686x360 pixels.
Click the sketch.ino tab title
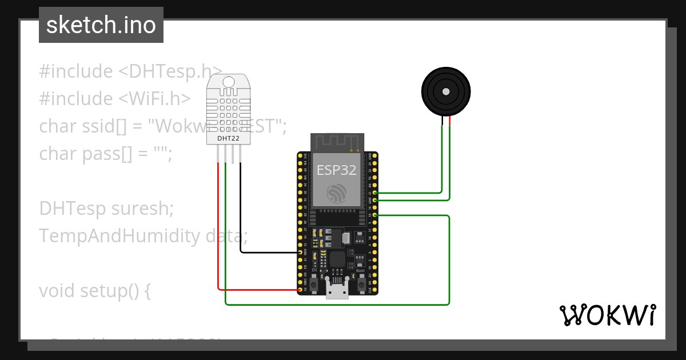pos(101,25)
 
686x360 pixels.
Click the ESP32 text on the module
pos(337,170)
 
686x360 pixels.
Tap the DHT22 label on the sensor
pos(228,138)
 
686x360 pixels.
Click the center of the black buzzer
pos(445,91)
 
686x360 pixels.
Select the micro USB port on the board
pos(337,291)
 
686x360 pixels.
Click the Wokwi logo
pos(607,315)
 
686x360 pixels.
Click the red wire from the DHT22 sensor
pos(218,229)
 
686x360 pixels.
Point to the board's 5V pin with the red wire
pos(300,290)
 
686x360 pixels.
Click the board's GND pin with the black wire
pos(300,252)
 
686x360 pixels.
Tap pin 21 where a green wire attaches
pos(374,193)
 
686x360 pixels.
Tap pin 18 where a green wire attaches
pos(374,215)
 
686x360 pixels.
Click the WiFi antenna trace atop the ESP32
pos(337,143)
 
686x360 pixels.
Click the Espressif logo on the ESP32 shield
pos(337,193)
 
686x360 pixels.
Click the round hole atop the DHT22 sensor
pos(228,82)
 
